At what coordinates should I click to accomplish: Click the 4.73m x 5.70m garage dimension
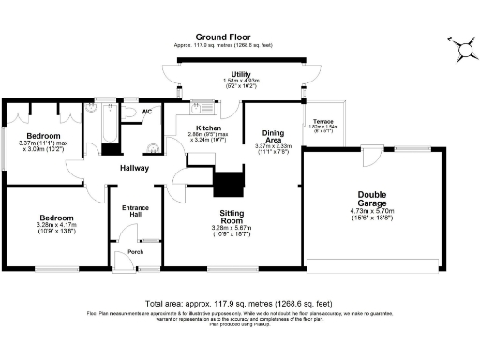[372, 212]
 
